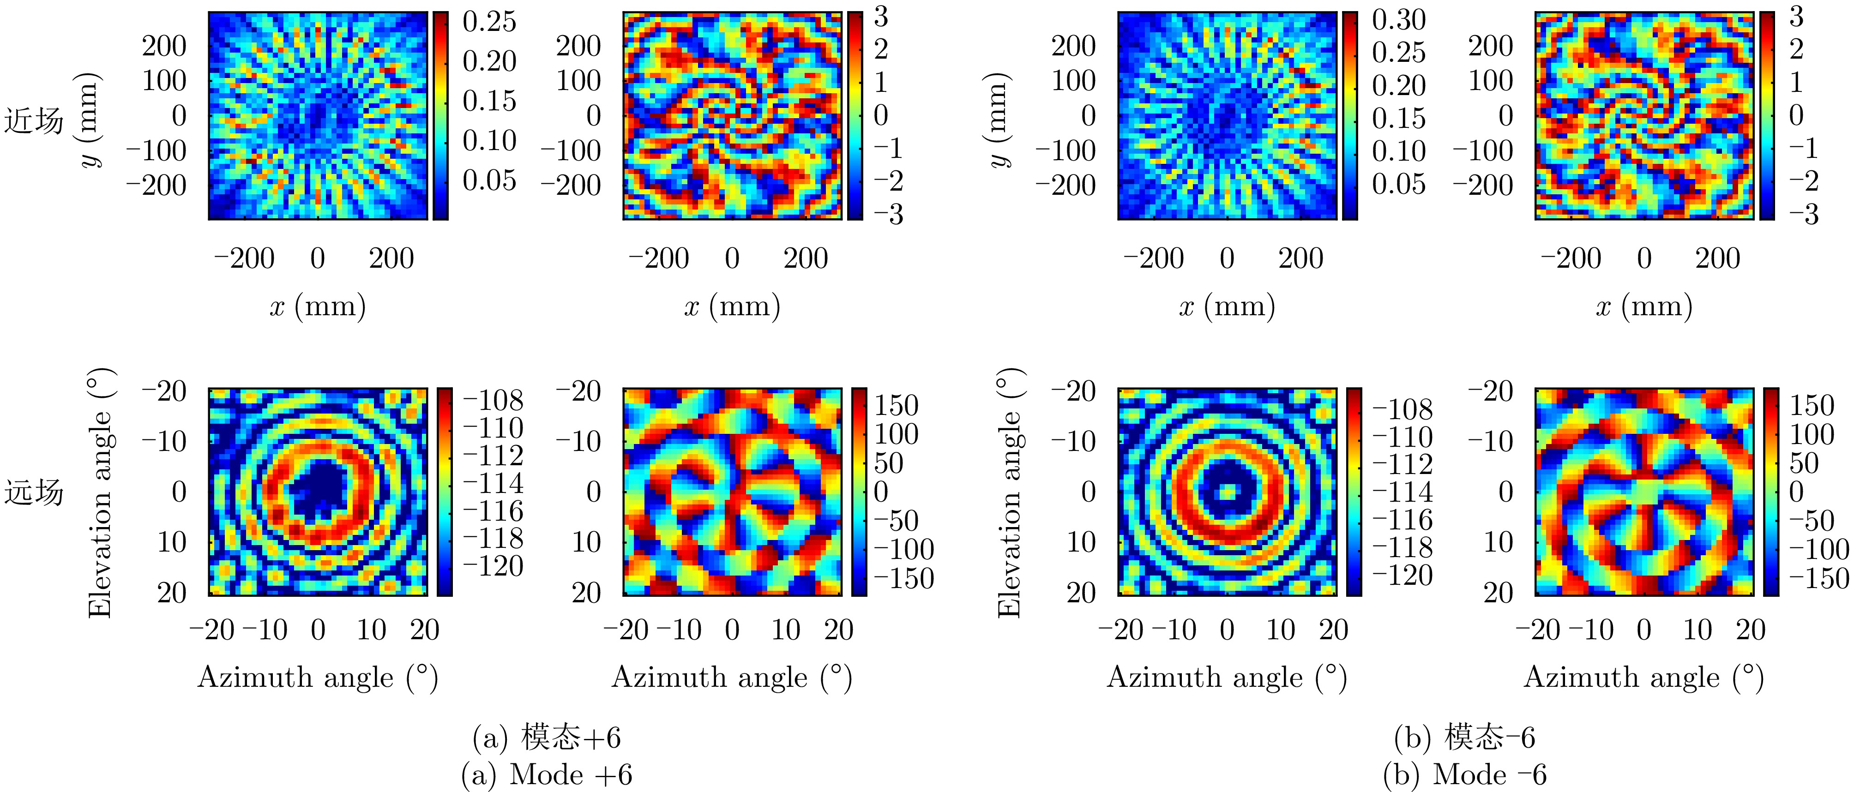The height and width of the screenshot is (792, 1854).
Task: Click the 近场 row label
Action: tap(34, 120)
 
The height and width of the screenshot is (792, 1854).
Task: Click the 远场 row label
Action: tap(34, 493)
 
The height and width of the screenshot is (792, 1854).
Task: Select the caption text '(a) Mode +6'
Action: tap(546, 775)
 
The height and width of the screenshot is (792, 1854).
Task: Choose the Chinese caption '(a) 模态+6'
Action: tap(546, 738)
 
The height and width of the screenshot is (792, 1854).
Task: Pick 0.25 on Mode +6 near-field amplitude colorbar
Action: tap(489, 22)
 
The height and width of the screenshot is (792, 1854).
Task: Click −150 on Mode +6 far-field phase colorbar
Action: tap(903, 578)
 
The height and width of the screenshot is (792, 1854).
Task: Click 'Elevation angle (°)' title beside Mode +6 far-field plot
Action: tap(101, 493)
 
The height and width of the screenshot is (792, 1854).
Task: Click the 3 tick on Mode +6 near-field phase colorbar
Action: tap(881, 17)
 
